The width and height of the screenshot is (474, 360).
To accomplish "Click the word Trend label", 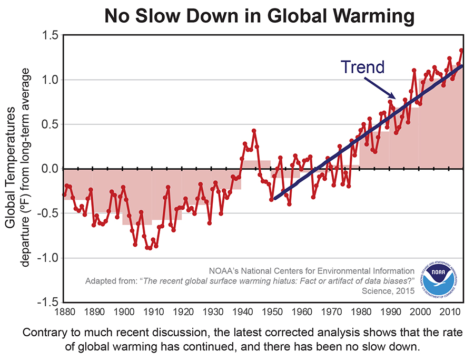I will pos(362,67).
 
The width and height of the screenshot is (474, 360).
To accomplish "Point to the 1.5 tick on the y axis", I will pos(50,36).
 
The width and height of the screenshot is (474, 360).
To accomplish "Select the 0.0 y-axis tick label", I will pos(50,169).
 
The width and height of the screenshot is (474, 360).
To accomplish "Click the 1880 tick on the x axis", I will pos(64,313).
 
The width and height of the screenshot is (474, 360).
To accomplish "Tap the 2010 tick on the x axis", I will pos(451,313).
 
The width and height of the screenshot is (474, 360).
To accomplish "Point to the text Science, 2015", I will pos(389,290).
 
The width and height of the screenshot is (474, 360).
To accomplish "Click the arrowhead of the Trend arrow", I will pos(393,98).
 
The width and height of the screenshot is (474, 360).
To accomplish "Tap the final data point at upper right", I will pos(461,51).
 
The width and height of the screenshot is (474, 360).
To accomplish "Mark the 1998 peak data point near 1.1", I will pos(414,70).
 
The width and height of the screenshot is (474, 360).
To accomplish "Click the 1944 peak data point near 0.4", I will pos(254,130).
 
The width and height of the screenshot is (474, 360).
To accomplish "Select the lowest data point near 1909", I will pos(150,248).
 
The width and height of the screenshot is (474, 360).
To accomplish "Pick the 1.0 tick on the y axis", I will pos(50,80).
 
